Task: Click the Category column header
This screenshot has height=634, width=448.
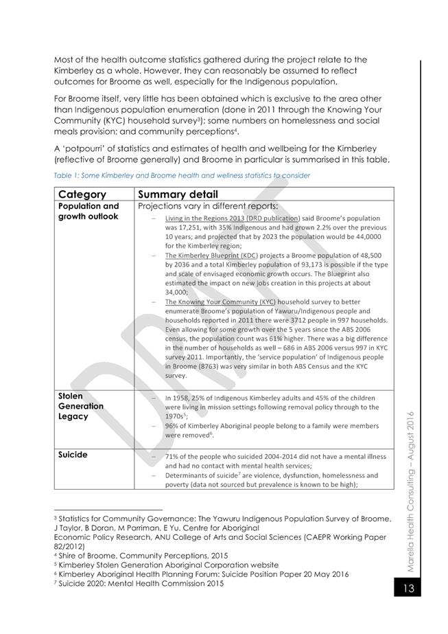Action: click(82, 194)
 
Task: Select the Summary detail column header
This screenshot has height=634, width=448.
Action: click(178, 194)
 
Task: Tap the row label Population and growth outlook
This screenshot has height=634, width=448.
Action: click(89, 211)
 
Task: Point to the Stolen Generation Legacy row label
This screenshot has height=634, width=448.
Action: click(81, 406)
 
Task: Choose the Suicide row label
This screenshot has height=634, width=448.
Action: click(73, 455)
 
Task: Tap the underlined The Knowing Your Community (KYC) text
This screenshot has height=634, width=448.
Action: click(220, 302)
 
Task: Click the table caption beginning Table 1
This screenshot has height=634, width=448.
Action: click(182, 175)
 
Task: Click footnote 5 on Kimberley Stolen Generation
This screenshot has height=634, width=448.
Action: click(166, 565)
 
